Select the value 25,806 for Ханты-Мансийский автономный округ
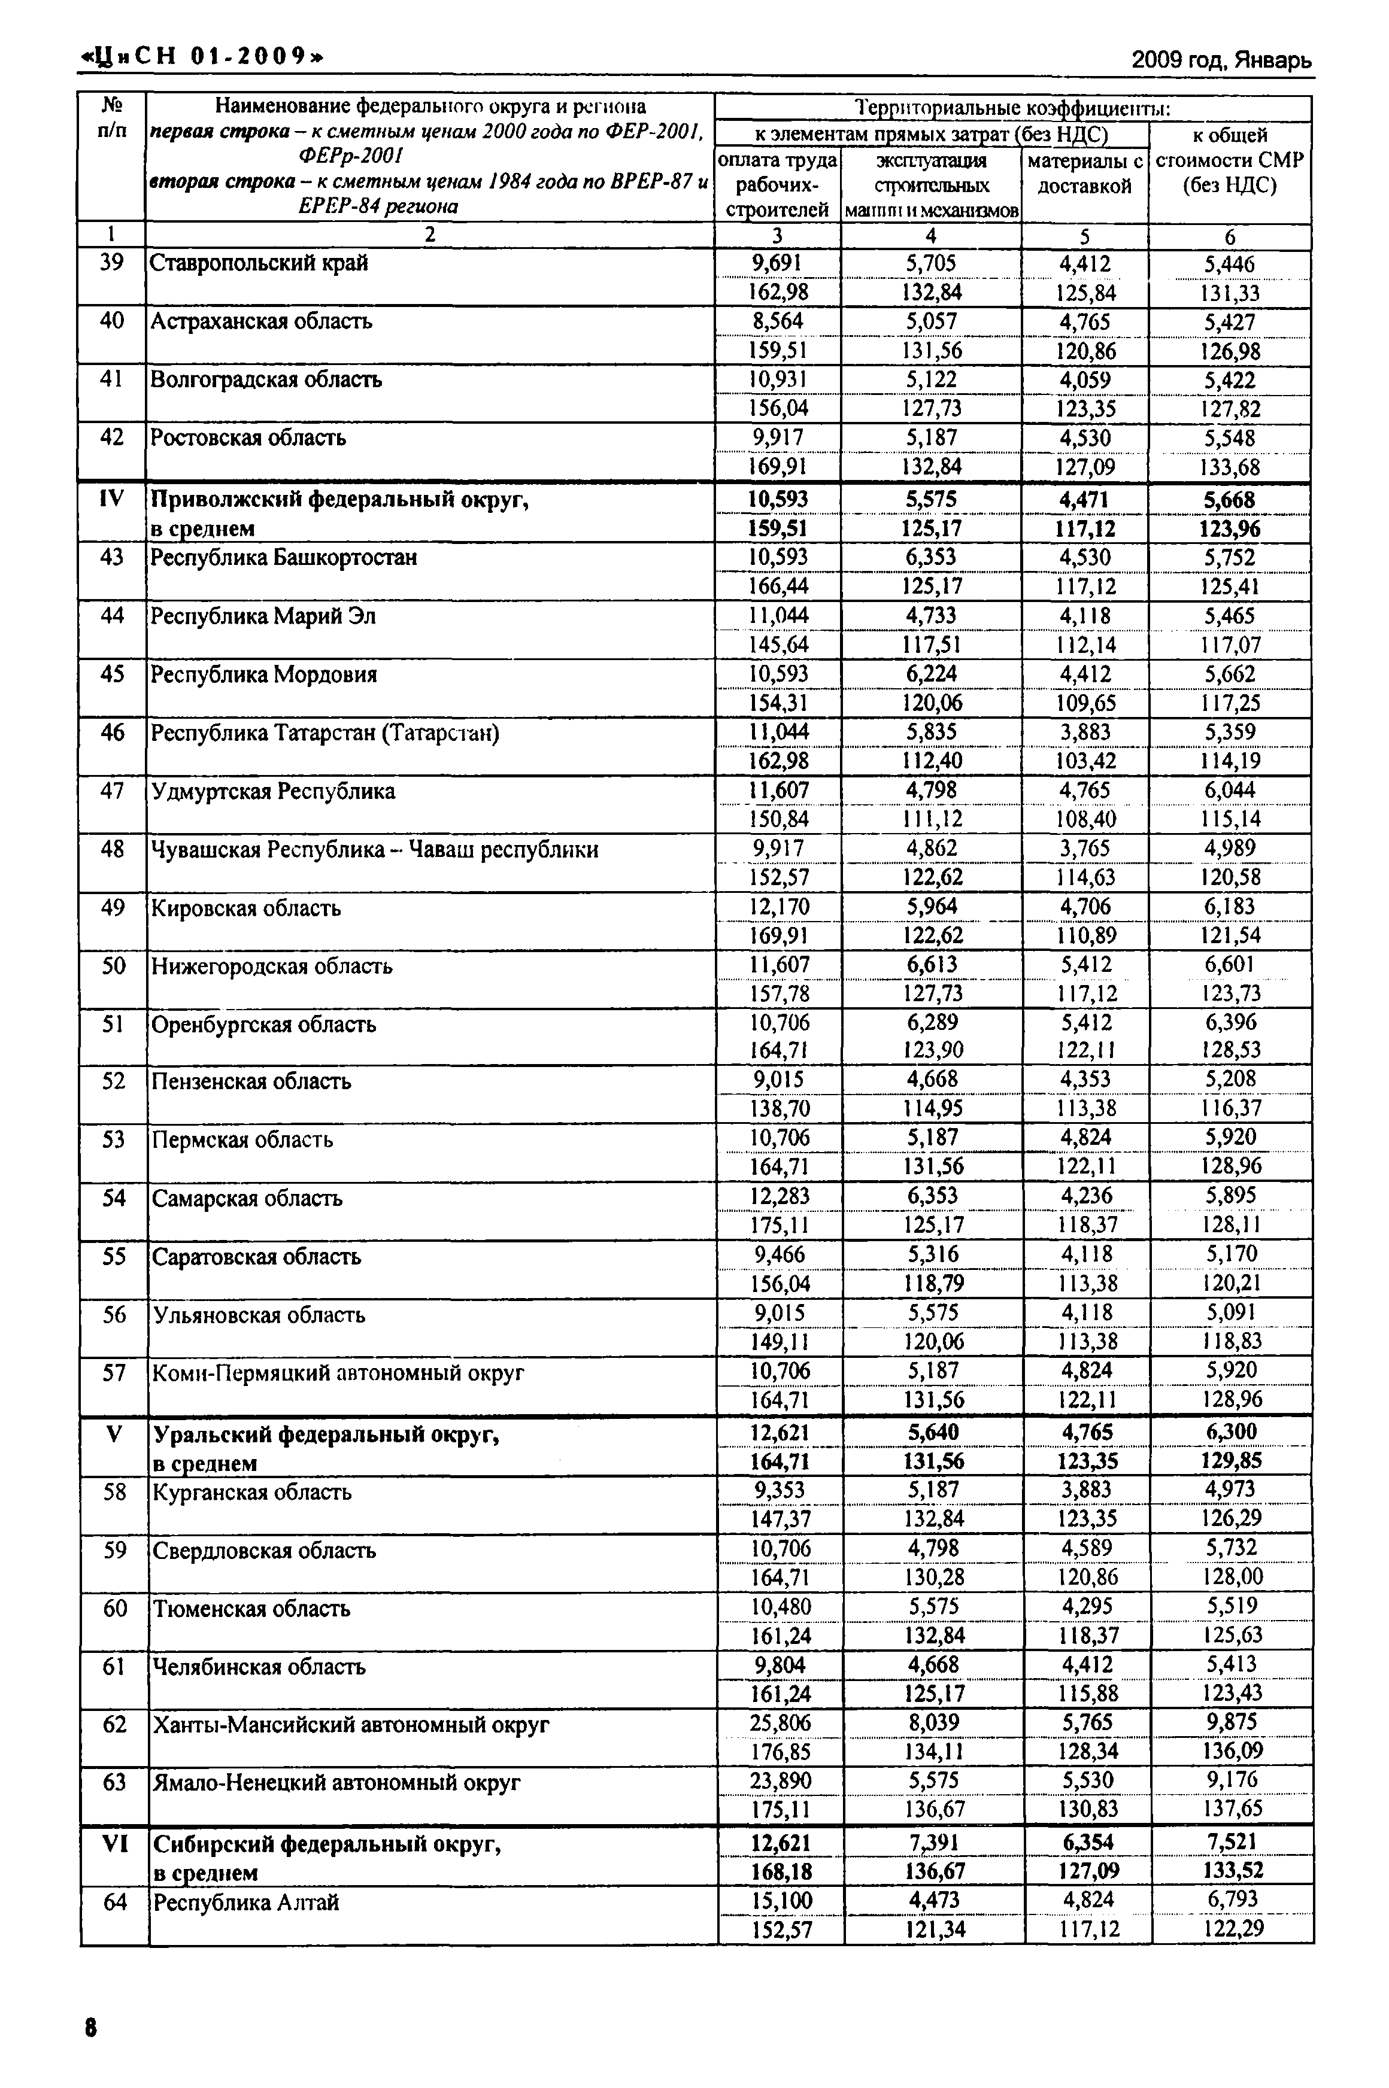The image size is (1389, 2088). pos(780,1722)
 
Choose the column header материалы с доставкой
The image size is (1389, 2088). pos(1084,174)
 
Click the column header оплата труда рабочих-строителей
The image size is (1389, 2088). pos(777,184)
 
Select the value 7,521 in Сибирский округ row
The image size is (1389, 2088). pos(1232,1842)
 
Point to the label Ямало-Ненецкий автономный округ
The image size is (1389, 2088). pos(336,1782)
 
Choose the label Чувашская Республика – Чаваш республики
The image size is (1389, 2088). pos(375,850)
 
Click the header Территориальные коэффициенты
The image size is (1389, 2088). pos(1012,108)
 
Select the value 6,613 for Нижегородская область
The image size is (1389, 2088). pos(932,964)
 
